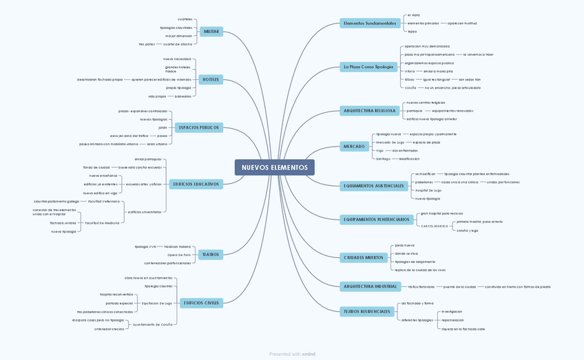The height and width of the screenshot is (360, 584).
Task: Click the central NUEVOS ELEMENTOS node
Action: point(274,167)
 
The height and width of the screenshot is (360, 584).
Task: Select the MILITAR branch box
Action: point(211,32)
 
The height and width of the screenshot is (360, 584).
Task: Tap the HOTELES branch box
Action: point(211,80)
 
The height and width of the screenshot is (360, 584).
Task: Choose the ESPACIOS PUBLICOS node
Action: point(199,127)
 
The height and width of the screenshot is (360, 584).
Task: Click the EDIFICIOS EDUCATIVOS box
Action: point(196,184)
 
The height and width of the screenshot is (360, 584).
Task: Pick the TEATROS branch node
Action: point(211,255)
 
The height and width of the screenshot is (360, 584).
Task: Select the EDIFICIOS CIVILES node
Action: point(201,303)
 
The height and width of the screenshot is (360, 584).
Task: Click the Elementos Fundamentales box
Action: point(370,23)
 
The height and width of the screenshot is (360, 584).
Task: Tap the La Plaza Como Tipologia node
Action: point(368,67)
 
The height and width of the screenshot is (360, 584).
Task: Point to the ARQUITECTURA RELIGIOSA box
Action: point(369,110)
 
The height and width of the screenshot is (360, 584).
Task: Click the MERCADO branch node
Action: point(354,147)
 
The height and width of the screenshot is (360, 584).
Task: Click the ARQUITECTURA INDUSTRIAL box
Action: point(371,286)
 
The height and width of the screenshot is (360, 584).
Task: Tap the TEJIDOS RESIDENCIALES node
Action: point(367,311)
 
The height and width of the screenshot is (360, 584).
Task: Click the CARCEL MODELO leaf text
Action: point(435,226)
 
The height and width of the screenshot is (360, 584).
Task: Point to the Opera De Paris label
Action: point(179,255)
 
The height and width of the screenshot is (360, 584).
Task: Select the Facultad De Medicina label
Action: point(102,223)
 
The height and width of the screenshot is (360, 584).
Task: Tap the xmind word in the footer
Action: point(309,354)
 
